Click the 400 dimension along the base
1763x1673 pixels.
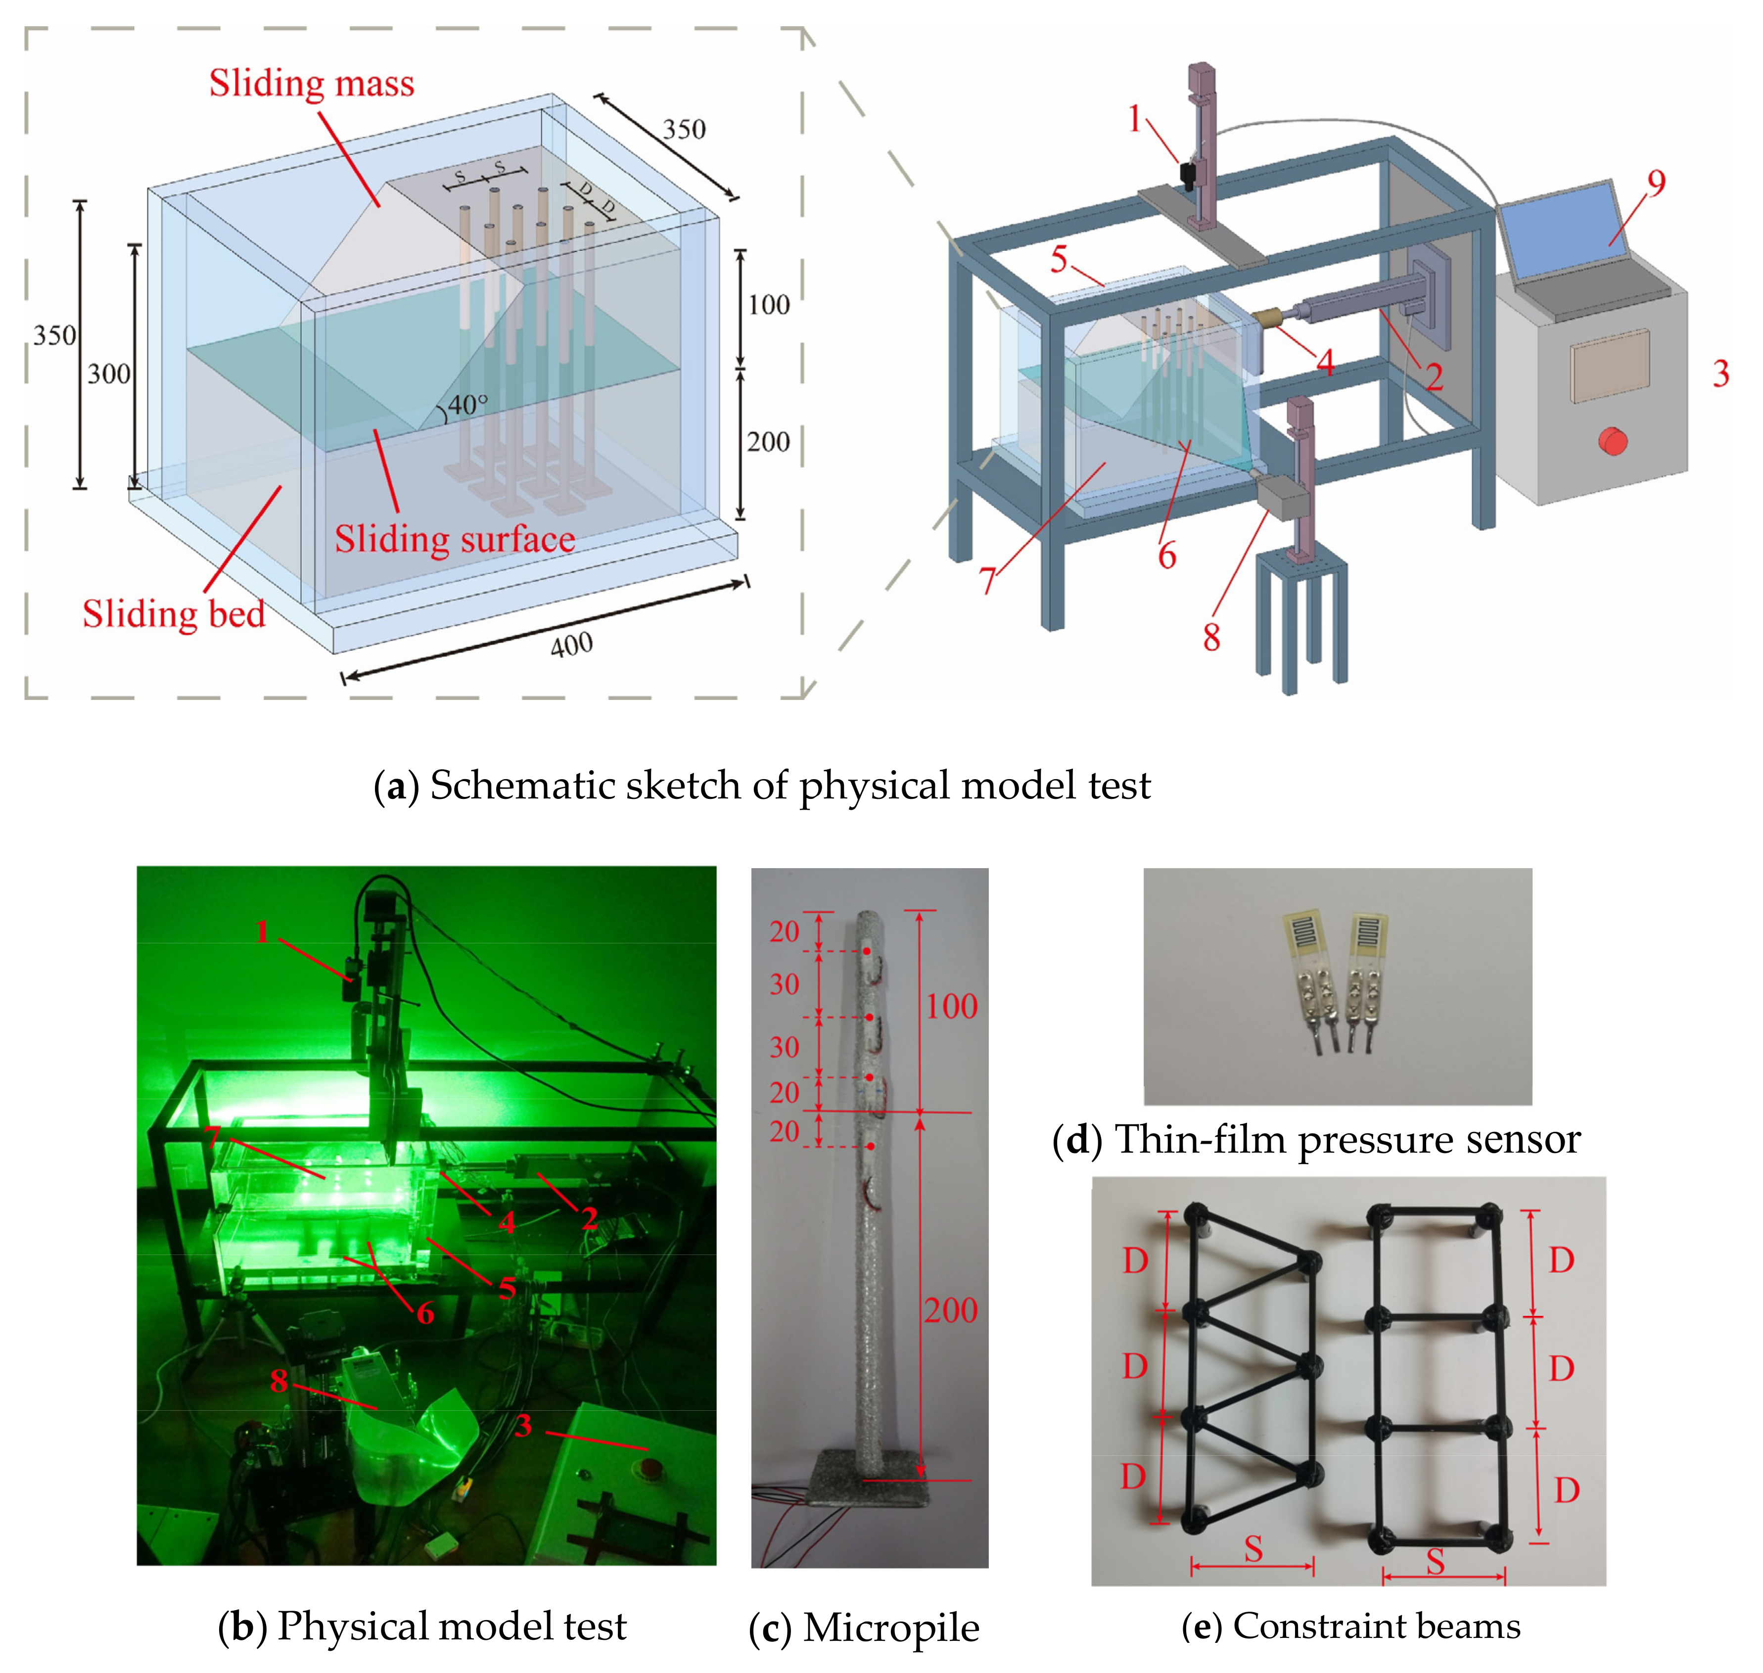[x=571, y=644]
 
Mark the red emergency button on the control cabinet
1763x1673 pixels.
[x=1612, y=441]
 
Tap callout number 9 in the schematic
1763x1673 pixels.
[x=1656, y=183]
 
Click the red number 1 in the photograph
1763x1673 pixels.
[x=262, y=932]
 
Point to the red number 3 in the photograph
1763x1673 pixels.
[x=523, y=1426]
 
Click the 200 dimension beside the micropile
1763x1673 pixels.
[x=951, y=1310]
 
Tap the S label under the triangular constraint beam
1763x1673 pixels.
[x=1253, y=1549]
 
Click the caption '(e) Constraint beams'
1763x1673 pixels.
[x=1350, y=1626]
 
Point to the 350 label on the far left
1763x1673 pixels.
[x=54, y=335]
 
